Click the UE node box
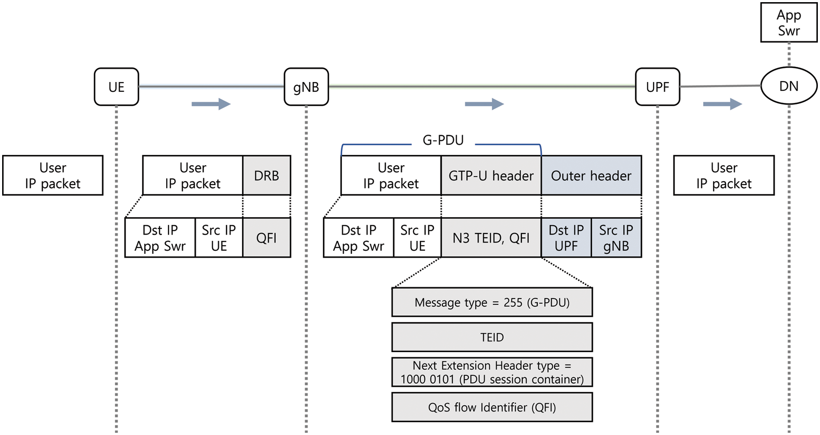(x=116, y=87)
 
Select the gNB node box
(x=306, y=87)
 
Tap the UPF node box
(x=657, y=87)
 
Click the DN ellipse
(x=788, y=86)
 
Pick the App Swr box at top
(x=788, y=22)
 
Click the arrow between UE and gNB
(x=211, y=104)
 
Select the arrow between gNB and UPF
(x=484, y=104)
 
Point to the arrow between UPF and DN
(x=722, y=104)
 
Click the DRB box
(x=266, y=176)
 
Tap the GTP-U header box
(x=491, y=176)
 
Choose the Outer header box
(x=591, y=176)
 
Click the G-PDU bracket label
(x=443, y=140)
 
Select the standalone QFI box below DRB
(x=266, y=238)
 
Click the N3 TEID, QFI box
(x=491, y=238)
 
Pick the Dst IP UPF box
(x=566, y=238)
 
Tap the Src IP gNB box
(x=616, y=238)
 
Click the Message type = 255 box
(x=492, y=302)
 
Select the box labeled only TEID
(x=492, y=337)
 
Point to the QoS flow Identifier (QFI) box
(x=492, y=407)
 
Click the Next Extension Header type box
(x=492, y=372)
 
